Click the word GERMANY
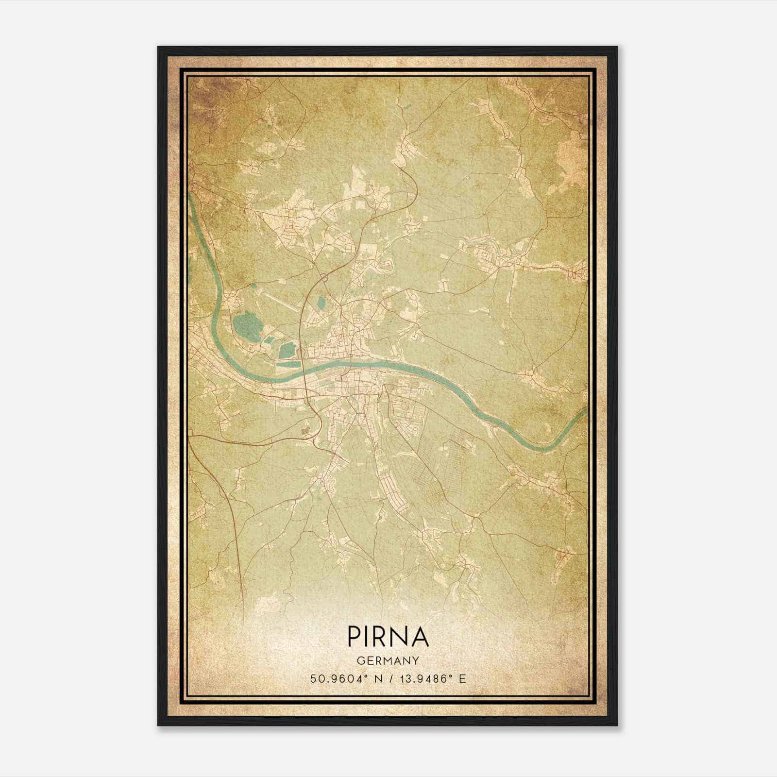pyautogui.click(x=388, y=660)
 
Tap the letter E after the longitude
pyautogui.click(x=462, y=679)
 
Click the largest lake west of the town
pyautogui.click(x=247, y=324)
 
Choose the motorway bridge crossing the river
pyautogui.click(x=304, y=373)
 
